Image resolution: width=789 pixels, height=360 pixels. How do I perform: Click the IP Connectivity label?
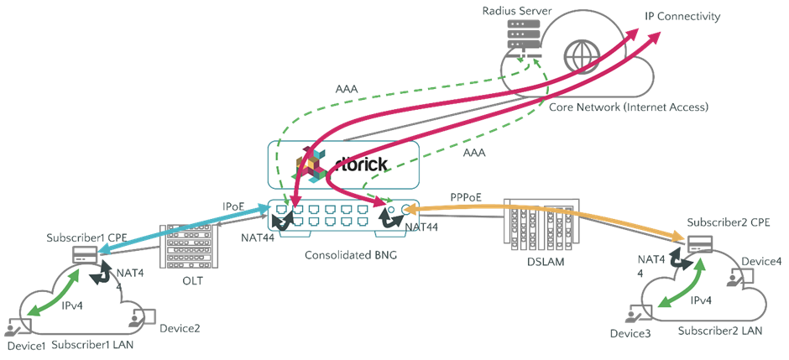682,17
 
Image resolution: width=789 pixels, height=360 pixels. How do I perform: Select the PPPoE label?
468,198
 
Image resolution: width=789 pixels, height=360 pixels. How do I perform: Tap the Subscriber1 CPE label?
87,237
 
